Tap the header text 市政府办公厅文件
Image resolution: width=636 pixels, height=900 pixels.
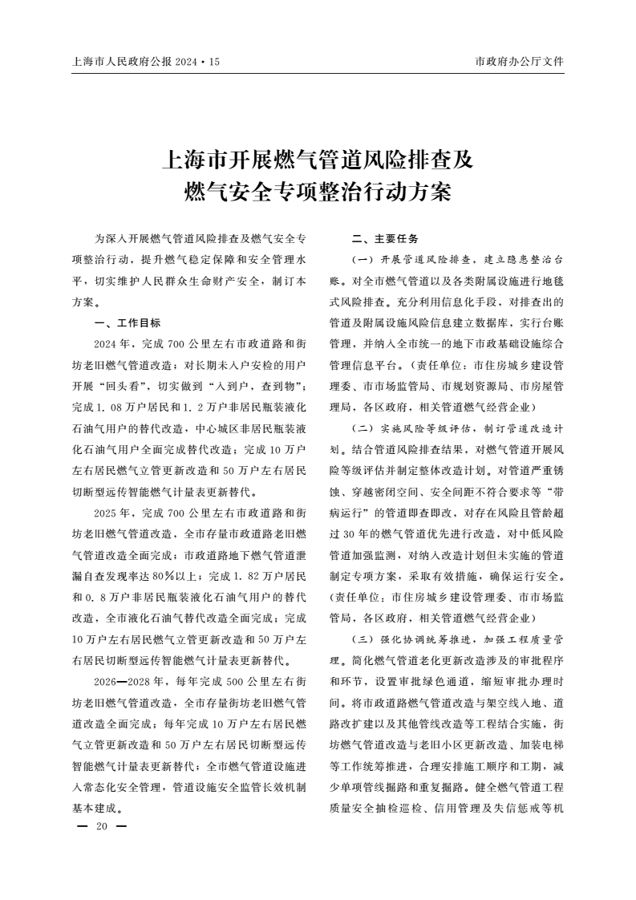click(x=520, y=61)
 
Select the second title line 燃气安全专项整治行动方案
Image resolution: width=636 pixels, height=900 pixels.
click(x=318, y=193)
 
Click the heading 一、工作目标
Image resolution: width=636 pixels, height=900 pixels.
click(x=128, y=323)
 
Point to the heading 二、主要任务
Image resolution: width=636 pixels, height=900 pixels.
click(x=386, y=240)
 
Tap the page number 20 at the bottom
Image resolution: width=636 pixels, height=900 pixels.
click(x=101, y=827)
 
